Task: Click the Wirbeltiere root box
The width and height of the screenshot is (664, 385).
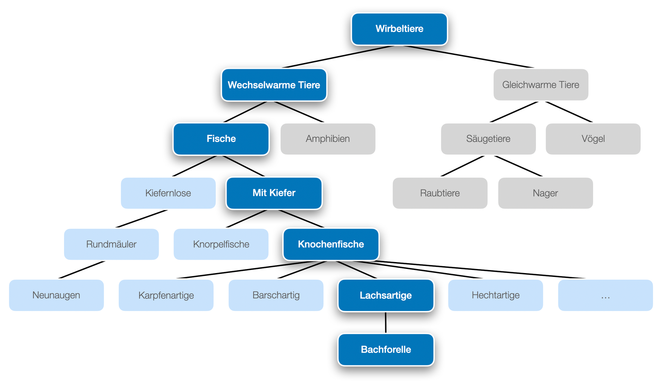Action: [x=399, y=29]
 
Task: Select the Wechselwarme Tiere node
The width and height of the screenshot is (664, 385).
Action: [x=274, y=85]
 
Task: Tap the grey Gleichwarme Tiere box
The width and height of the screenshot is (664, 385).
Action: [x=540, y=85]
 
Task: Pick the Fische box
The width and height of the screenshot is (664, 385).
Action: [x=221, y=139]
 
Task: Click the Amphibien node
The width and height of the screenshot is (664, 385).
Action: [x=328, y=139]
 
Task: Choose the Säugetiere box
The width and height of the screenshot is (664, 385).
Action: [x=488, y=139]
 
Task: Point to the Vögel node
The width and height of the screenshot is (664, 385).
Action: [x=593, y=139]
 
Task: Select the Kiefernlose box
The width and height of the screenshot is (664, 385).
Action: [x=168, y=193]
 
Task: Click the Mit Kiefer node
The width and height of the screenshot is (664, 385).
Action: [x=274, y=193]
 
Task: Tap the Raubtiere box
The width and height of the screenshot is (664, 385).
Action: [x=440, y=193]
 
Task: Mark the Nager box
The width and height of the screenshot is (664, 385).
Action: [x=545, y=193]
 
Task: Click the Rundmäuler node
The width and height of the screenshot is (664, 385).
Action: [x=111, y=244]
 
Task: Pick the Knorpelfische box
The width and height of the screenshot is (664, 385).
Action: [x=221, y=244]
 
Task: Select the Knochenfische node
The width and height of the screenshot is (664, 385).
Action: [x=330, y=244]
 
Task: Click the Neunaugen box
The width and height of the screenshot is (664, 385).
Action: [x=56, y=295]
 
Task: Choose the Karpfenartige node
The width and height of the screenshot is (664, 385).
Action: [x=166, y=295]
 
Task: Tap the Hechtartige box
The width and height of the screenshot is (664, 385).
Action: [x=495, y=295]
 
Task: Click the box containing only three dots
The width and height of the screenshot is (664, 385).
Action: [x=605, y=295]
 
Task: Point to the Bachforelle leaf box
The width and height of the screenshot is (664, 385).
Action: [x=386, y=350]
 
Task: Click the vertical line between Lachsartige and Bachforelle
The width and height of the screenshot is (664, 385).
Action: [x=386, y=323]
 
